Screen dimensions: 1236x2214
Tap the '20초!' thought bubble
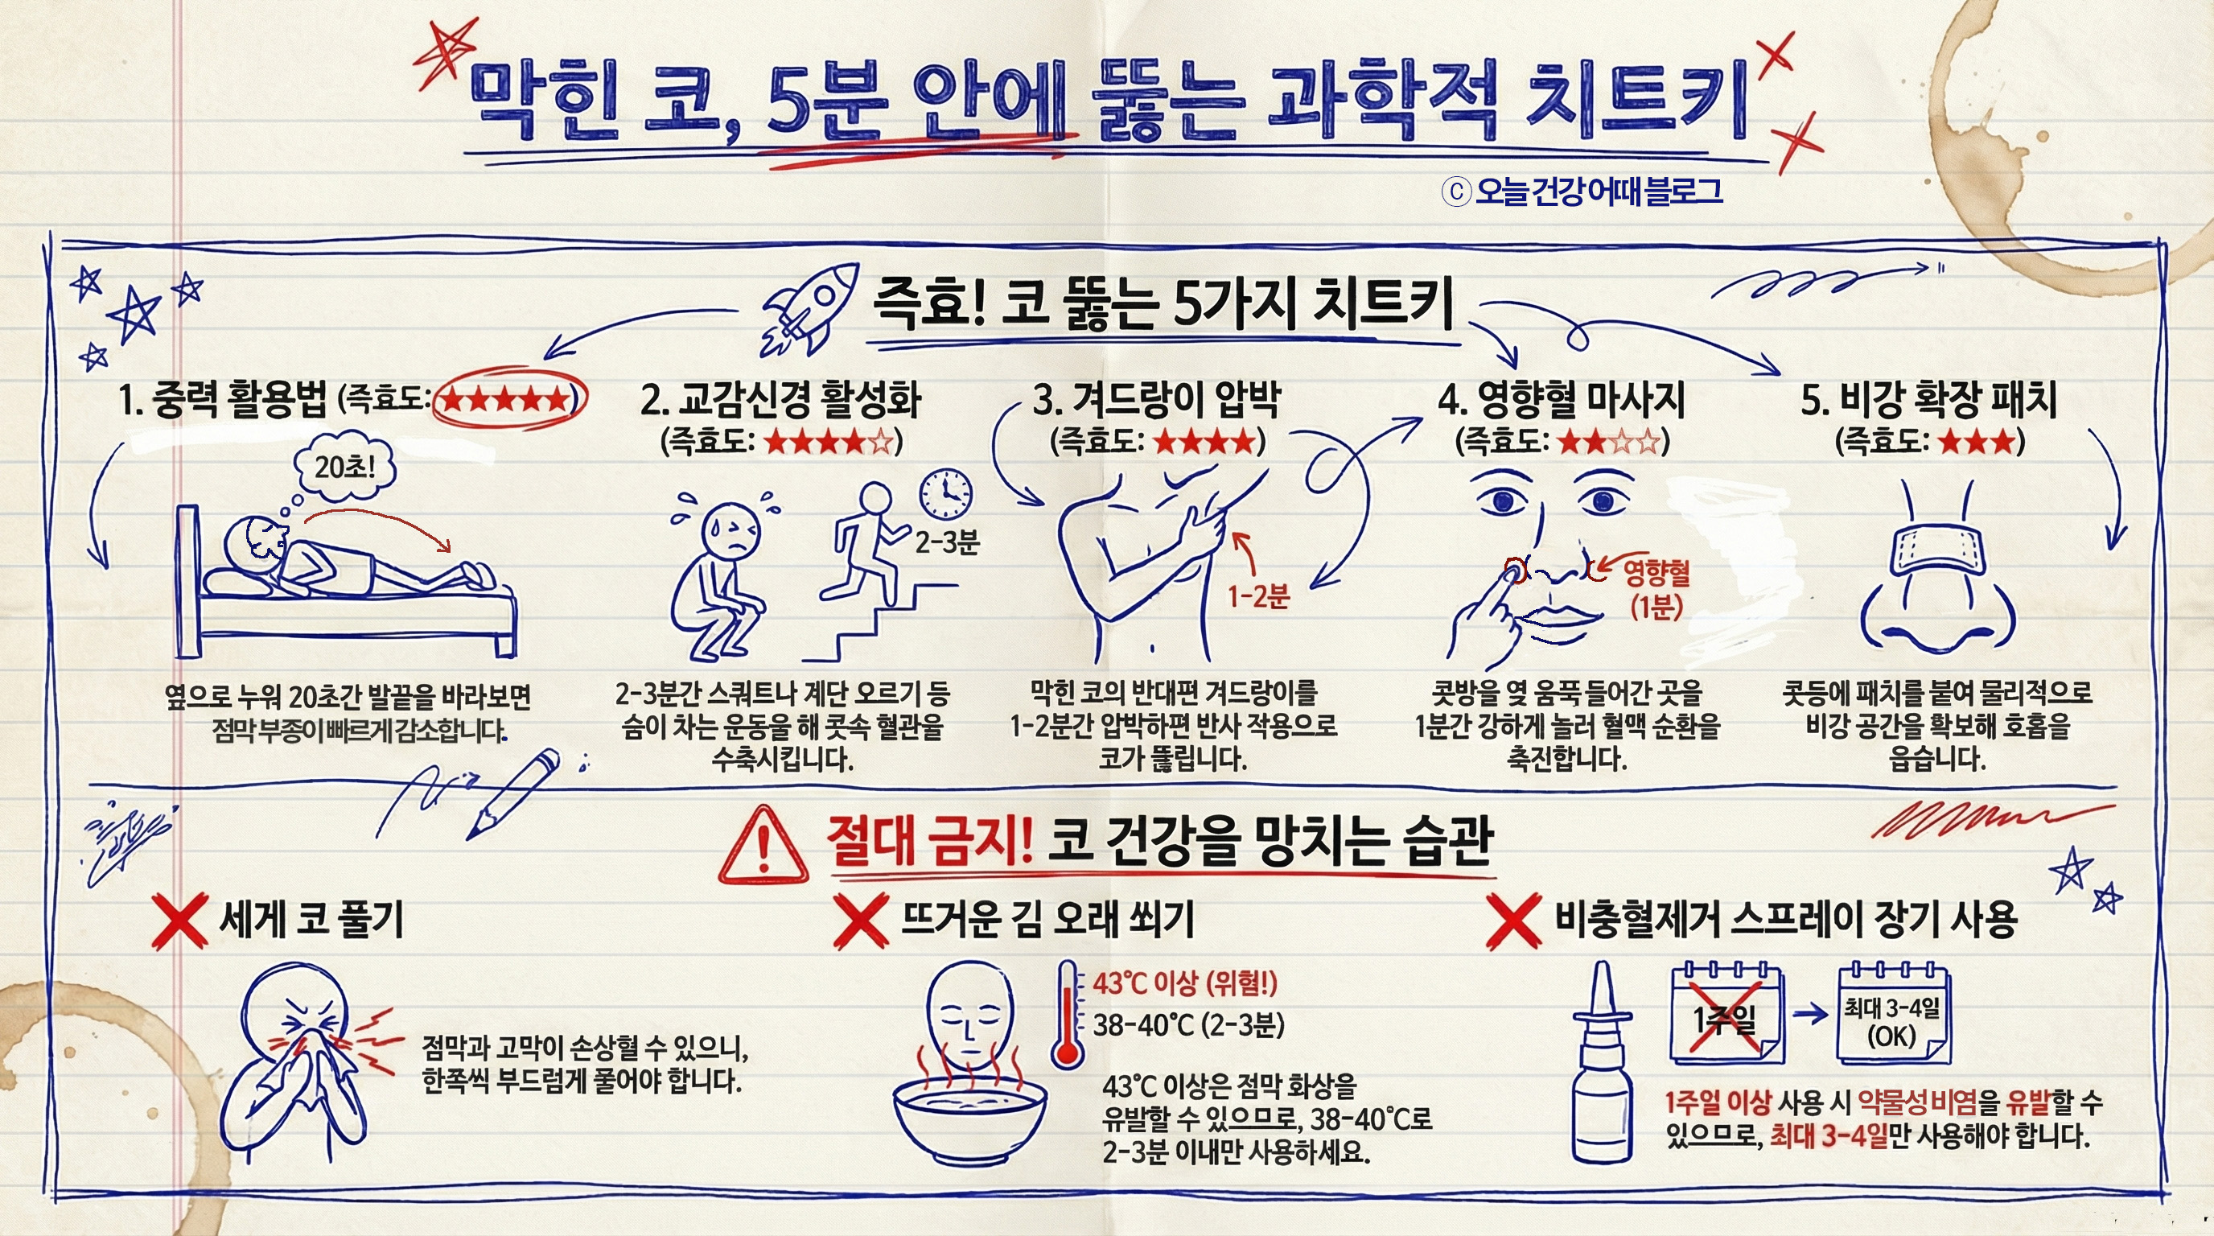coord(344,468)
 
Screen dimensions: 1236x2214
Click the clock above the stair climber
coord(946,494)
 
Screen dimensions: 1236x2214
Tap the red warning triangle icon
coord(763,846)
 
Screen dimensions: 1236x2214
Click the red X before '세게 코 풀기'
coord(179,921)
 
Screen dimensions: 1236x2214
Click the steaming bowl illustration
coord(969,1118)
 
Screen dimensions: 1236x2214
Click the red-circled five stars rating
coord(507,398)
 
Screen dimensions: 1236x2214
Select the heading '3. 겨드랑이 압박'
coord(1157,400)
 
